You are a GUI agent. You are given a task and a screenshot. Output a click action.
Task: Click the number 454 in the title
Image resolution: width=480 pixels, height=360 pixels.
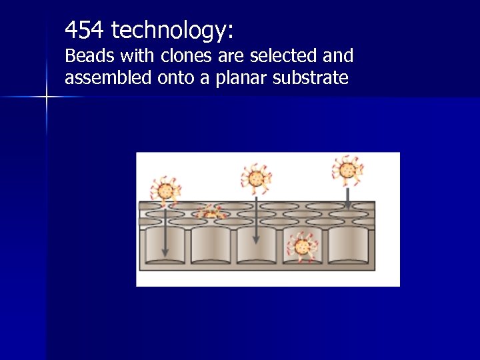click(85, 29)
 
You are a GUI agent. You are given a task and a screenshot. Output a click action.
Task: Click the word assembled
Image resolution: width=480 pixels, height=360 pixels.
click(108, 78)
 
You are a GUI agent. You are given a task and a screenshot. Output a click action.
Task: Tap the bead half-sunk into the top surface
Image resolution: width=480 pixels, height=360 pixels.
click(211, 213)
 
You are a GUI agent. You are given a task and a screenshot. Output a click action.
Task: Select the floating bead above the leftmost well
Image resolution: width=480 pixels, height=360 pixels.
click(165, 189)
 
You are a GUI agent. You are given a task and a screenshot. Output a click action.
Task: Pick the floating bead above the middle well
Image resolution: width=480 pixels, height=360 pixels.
click(255, 178)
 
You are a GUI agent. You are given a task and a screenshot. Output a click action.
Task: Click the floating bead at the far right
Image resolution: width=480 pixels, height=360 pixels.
click(347, 170)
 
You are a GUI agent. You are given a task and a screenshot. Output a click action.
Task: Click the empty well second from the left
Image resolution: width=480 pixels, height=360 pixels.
click(210, 245)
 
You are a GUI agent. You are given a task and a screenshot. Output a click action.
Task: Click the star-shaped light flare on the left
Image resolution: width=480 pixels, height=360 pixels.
click(47, 97)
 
